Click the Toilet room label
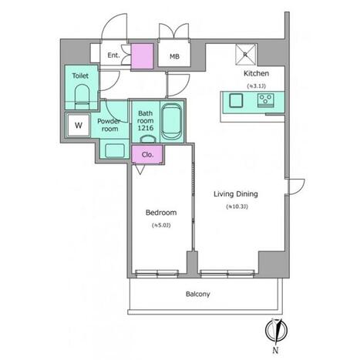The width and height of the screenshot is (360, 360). pyautogui.click(x=80, y=76)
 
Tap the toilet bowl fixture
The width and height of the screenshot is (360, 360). pyautogui.click(x=82, y=97)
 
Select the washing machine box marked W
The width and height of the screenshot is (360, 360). pyautogui.click(x=79, y=125)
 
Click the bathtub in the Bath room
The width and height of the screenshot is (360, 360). pyautogui.click(x=170, y=122)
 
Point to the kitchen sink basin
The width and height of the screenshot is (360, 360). pyautogui.click(x=236, y=100)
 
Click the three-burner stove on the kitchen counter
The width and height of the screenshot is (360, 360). pyautogui.click(x=266, y=100)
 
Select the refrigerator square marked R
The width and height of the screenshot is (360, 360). pyautogui.click(x=246, y=54)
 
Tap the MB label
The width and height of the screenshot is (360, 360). pyautogui.click(x=174, y=56)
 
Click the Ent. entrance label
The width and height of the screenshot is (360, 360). pyautogui.click(x=113, y=56)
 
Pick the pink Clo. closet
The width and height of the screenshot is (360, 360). pyautogui.click(x=147, y=154)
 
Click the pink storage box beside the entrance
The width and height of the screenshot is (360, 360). pyautogui.click(x=143, y=56)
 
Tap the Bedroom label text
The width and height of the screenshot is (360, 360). pyautogui.click(x=161, y=213)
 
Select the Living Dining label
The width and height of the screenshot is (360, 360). pyautogui.click(x=236, y=194)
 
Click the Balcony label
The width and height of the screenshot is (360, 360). pyautogui.click(x=198, y=294)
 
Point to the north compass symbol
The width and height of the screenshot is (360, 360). pyautogui.click(x=276, y=331)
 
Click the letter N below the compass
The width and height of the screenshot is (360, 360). pyautogui.click(x=275, y=350)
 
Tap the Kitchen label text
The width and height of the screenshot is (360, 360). pyautogui.click(x=256, y=73)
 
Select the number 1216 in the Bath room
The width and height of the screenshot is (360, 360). pyautogui.click(x=146, y=128)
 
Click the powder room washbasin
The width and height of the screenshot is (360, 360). pyautogui.click(x=115, y=150)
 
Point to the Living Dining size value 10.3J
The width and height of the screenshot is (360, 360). pyautogui.click(x=237, y=207)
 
